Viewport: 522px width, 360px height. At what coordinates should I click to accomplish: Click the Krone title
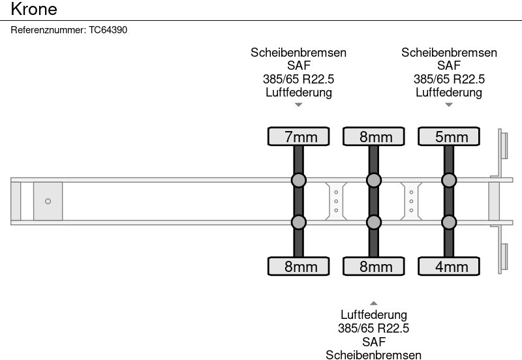pyautogui.click(x=34, y=9)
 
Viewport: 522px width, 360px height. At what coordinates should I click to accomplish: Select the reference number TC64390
pyautogui.click(x=108, y=30)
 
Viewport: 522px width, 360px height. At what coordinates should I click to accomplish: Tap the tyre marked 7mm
pyautogui.click(x=299, y=136)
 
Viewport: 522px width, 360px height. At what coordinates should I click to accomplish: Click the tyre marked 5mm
pyautogui.click(x=449, y=136)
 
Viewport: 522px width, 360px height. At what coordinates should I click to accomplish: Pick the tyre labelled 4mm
pyautogui.click(x=449, y=266)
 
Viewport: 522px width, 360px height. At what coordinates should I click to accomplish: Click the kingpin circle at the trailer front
pyautogui.click(x=48, y=202)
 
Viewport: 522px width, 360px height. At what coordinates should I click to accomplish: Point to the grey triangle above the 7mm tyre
pyautogui.click(x=299, y=105)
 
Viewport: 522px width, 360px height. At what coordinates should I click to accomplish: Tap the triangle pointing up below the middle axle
pyautogui.click(x=373, y=303)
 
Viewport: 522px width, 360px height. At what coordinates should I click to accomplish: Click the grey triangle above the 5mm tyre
pyautogui.click(x=449, y=105)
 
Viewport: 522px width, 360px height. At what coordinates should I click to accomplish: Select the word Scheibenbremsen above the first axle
pyautogui.click(x=299, y=53)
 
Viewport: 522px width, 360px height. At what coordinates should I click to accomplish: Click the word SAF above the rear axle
pyautogui.click(x=449, y=66)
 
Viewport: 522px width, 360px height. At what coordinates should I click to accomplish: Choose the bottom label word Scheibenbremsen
pyautogui.click(x=373, y=355)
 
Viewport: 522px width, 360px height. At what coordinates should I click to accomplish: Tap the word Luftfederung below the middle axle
pyautogui.click(x=373, y=315)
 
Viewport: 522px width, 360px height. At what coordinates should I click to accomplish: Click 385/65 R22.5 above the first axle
pyautogui.click(x=299, y=79)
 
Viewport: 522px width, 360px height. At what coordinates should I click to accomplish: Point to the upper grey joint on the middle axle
pyautogui.click(x=373, y=181)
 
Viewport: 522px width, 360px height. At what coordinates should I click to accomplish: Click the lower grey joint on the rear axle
pyautogui.click(x=449, y=222)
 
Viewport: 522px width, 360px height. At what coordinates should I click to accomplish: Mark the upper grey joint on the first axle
pyautogui.click(x=299, y=181)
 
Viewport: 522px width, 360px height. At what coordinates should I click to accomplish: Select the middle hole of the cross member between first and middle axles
pyautogui.click(x=336, y=202)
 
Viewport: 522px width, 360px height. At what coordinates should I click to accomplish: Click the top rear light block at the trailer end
pyautogui.click(x=504, y=145)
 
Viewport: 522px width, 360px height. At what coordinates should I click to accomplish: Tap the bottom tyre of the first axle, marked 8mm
pyautogui.click(x=299, y=266)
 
